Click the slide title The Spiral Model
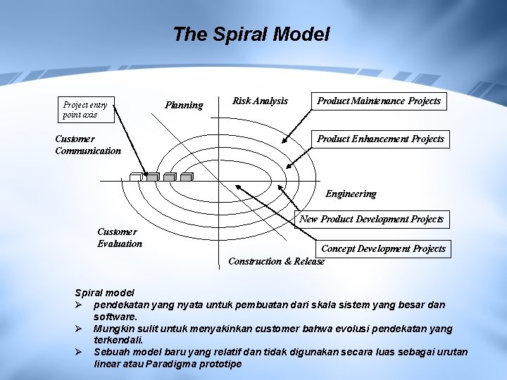coord(251,34)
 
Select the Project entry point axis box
coord(88,109)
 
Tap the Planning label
coord(184,106)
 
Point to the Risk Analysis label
coord(260,101)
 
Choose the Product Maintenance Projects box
coord(379,101)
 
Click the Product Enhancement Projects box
coord(380,139)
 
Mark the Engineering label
coord(351,194)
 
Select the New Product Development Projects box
coord(372,220)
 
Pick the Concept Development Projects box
coord(384,248)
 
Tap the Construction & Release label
coord(277,262)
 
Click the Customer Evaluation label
coord(120,238)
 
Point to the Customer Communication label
coord(87,145)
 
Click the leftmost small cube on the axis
coord(135,177)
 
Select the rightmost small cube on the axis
coord(186,177)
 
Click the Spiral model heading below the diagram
coord(104,293)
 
